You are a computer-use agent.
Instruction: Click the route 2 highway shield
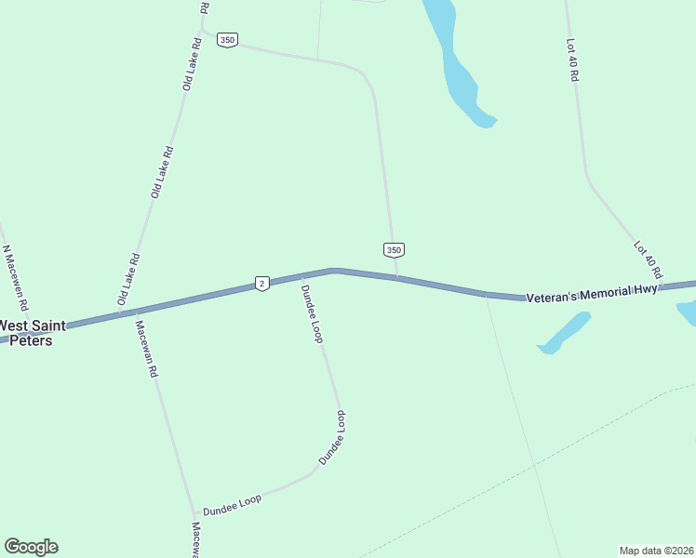tap(262, 283)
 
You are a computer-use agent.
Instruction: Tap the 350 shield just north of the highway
tap(394, 250)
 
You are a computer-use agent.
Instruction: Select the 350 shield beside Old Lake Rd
tap(227, 40)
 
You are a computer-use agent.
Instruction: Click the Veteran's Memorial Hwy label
tap(592, 294)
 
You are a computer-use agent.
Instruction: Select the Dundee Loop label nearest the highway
tap(312, 313)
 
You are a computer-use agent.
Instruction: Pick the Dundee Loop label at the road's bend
tap(333, 437)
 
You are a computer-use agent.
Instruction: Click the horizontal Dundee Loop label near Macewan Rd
tap(233, 505)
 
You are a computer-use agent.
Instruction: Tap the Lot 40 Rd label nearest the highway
tap(647, 260)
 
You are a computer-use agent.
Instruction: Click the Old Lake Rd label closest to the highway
tap(129, 280)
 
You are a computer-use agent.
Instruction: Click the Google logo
tap(31, 546)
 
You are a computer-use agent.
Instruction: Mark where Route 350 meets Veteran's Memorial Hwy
tap(398, 277)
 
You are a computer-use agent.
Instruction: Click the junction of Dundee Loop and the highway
tap(301, 275)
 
